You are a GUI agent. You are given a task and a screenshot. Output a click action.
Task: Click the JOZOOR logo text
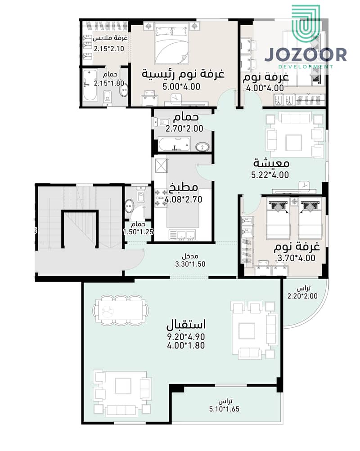[x=305, y=55]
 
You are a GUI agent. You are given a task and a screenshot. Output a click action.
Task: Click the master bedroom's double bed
[x=171, y=45]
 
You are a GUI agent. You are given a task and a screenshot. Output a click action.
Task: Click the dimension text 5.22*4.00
[x=270, y=175]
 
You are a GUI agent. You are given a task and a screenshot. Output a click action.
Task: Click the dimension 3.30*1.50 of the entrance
[x=190, y=264]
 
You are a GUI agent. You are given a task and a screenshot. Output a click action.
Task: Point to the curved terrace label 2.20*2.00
[x=302, y=296]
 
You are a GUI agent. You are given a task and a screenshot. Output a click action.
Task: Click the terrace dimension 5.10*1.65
[x=225, y=409]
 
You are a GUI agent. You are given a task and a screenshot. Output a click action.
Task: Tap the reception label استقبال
[x=186, y=324]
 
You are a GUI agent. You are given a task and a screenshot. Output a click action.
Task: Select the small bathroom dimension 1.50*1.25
[x=139, y=232]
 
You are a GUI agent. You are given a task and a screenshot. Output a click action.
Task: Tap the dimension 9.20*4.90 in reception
[x=186, y=336]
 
